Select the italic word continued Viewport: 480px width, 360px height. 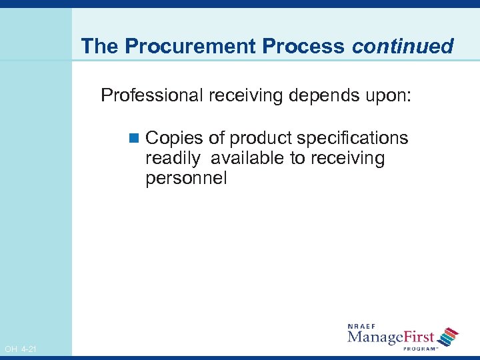[x=403, y=47]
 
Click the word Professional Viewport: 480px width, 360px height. [x=152, y=95]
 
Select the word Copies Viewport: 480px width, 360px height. [x=174, y=138]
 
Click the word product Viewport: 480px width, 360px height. [x=261, y=138]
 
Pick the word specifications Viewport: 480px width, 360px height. [x=353, y=138]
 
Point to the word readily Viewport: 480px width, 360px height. [x=169, y=159]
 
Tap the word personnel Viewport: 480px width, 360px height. [x=187, y=179]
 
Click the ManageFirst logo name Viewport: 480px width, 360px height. [x=391, y=337]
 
